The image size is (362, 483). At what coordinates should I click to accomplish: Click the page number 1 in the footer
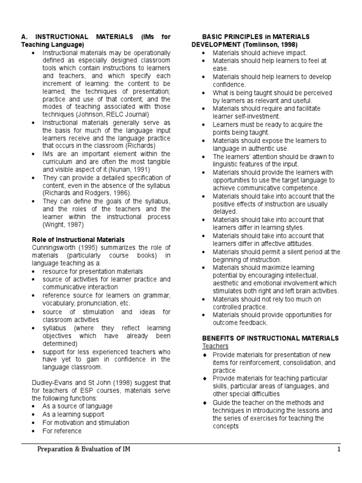click(x=338, y=450)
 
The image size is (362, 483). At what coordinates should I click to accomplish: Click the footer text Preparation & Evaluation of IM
click(x=83, y=450)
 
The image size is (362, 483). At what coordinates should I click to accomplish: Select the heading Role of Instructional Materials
click(x=78, y=240)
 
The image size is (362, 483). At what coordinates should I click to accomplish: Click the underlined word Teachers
click(x=215, y=346)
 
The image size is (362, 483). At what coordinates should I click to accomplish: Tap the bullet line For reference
click(x=61, y=431)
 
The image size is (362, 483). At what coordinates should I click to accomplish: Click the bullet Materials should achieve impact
click(x=259, y=53)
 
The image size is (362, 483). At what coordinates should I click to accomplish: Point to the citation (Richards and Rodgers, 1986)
click(x=86, y=192)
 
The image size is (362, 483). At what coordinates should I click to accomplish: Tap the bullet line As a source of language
click(x=77, y=406)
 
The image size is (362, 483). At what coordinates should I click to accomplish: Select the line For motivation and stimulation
click(x=85, y=423)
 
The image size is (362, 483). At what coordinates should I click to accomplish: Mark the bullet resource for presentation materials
click(x=92, y=271)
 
